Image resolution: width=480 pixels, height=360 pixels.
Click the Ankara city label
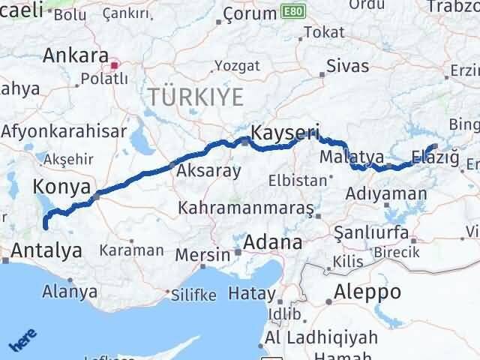pyautogui.click(x=75, y=55)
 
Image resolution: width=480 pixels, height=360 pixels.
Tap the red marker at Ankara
pyautogui.click(x=114, y=65)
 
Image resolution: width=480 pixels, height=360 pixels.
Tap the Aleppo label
pyautogui.click(x=368, y=291)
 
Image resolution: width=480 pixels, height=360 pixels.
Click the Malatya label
pyautogui.click(x=351, y=157)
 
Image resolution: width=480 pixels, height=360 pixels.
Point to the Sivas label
pyautogui.click(x=348, y=66)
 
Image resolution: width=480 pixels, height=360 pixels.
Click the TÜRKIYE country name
pyautogui.click(x=196, y=96)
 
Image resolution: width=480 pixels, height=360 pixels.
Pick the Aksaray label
pyautogui.click(x=208, y=171)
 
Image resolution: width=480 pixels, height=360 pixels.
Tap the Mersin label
pyautogui.click(x=202, y=254)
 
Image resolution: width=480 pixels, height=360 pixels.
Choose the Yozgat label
pyautogui.click(x=237, y=66)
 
